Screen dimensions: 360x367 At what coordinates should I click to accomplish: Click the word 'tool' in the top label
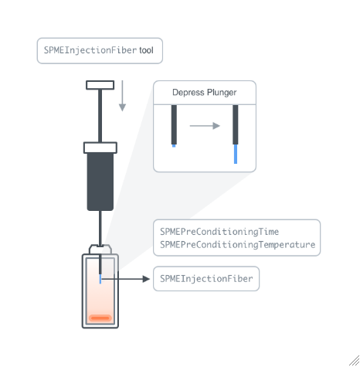146,50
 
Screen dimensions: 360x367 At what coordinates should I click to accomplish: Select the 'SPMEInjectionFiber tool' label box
100,51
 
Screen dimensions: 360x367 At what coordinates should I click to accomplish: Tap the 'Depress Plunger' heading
205,93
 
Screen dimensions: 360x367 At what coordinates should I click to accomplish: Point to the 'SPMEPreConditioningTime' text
219,232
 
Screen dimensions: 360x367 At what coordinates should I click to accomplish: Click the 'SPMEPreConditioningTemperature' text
237,244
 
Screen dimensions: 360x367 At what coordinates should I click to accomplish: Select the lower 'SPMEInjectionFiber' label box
206,279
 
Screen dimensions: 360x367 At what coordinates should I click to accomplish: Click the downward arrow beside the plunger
122,96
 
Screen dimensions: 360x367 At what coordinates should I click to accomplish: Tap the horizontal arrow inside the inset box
205,126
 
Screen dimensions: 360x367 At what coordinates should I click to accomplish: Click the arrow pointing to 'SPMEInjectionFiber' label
125,279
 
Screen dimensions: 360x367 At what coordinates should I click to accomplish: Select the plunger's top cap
100,85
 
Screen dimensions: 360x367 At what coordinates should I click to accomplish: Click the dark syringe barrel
100,182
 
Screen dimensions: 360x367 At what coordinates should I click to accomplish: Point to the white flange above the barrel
100,148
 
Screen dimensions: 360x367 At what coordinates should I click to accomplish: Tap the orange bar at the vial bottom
100,318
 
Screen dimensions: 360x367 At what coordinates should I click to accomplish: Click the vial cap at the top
100,250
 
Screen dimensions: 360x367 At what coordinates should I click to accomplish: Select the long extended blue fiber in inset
236,154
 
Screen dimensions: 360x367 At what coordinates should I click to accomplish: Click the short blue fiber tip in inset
174,146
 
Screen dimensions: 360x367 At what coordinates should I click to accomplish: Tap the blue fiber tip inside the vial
100,279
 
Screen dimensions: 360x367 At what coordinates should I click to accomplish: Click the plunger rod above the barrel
100,116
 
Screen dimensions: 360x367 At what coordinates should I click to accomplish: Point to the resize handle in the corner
355,361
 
